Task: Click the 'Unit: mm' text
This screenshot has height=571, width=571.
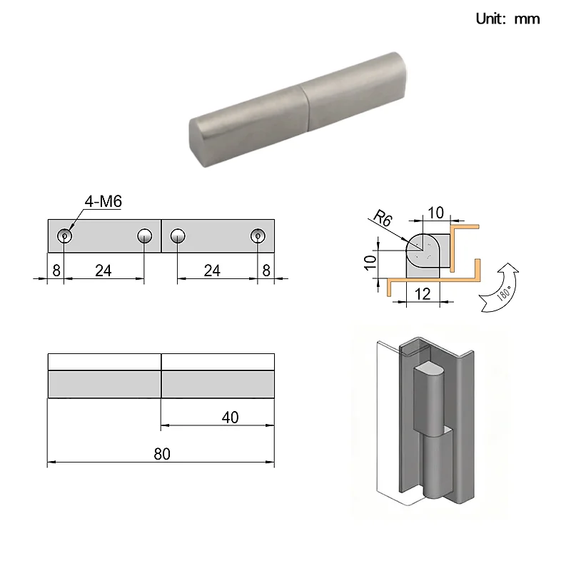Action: pos(507,19)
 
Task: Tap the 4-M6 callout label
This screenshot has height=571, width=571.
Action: pos(103,201)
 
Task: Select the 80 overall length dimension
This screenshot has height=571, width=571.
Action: pos(162,454)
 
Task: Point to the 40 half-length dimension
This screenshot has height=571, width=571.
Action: pos(230,418)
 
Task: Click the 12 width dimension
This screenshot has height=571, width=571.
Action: pos(423,294)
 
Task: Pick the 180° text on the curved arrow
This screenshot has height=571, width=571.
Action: pos(505,293)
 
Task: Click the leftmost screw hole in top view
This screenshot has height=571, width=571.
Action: pos(65,236)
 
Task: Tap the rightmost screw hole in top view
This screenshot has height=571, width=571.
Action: pos(258,236)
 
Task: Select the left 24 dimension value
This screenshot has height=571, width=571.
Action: pos(103,271)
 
